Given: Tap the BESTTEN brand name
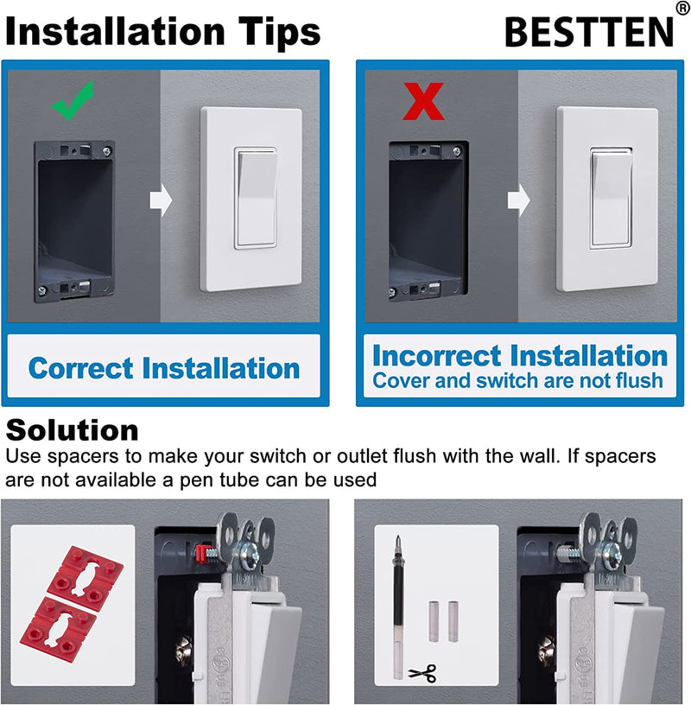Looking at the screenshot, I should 587,32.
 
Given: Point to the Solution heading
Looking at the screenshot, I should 73,429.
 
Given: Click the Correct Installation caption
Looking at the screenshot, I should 164,368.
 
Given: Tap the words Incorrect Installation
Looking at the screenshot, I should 519,355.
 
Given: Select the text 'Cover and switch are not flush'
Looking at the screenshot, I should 517,380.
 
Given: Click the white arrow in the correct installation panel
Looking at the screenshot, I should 162,200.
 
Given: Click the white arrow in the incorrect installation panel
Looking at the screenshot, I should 518,200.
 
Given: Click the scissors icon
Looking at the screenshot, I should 422,672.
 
